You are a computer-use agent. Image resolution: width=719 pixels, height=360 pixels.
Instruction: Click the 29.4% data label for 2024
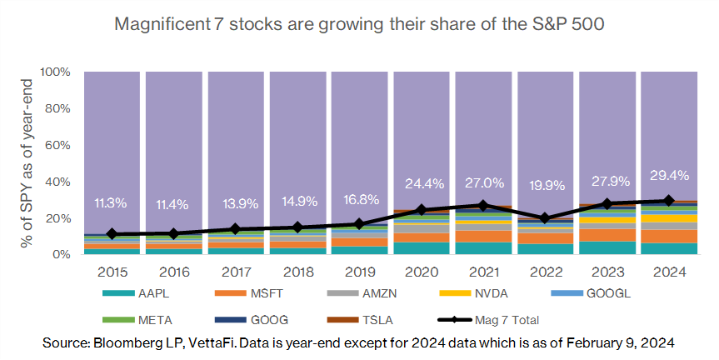coord(668,175)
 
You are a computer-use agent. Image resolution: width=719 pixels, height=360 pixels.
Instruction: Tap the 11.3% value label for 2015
coord(110,202)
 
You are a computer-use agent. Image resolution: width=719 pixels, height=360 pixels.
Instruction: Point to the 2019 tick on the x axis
coord(359,272)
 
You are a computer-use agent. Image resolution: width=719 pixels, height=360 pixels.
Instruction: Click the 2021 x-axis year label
coord(483,272)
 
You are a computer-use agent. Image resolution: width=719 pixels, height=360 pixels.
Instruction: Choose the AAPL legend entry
coord(146,293)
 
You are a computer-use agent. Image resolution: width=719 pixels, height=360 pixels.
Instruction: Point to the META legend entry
coord(146,318)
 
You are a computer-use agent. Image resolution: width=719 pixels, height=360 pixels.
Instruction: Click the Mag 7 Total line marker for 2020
coord(421,210)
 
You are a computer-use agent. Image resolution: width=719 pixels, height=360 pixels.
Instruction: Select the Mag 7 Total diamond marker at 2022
coord(545,218)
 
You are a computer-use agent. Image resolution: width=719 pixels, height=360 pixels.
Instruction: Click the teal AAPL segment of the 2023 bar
coord(607,247)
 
